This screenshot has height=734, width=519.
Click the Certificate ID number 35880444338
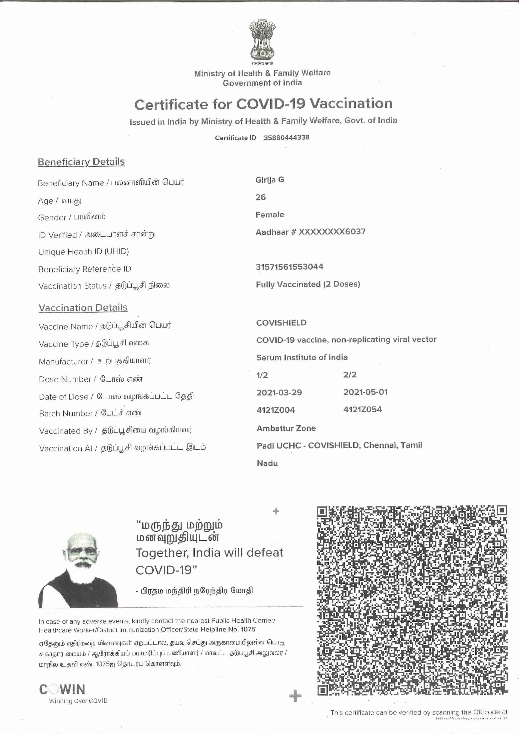point(286,137)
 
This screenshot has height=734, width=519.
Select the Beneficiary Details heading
point(81,162)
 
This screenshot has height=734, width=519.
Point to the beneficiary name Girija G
point(270,180)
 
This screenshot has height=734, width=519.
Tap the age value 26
point(260,197)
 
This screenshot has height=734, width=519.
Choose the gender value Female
point(270,214)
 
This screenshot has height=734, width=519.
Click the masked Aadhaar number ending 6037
point(310,232)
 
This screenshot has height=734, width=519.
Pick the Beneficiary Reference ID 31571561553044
point(290,267)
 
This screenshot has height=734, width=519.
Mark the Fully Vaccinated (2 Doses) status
point(308,284)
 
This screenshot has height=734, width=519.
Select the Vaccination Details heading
point(83,308)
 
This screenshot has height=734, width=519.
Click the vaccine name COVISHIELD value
point(281,323)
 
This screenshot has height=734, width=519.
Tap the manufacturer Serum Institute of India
point(302,357)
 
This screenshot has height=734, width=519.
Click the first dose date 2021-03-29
point(279,392)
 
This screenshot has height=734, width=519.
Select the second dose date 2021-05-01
point(365,392)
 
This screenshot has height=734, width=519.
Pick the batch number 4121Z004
point(276,410)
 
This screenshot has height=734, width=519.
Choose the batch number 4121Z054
point(362,409)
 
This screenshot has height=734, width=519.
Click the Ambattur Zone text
point(286,428)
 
